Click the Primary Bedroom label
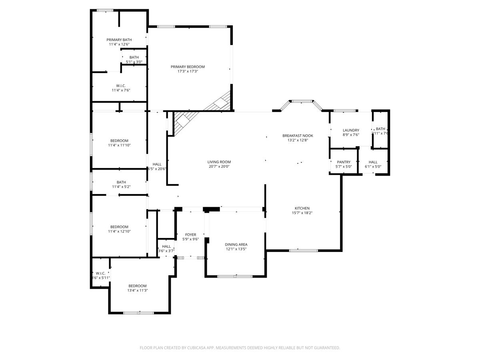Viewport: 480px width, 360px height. tap(188, 67)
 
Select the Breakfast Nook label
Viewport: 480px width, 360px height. tap(298, 136)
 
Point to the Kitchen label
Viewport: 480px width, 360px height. tap(302, 208)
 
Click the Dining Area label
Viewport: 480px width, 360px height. tap(236, 244)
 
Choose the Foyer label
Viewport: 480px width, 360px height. tap(190, 235)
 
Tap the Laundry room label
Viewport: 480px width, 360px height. tap(351, 130)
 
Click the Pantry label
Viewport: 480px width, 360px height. tap(343, 162)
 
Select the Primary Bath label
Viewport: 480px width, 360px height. tap(119, 40)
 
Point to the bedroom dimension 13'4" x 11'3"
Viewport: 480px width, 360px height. tap(137, 291)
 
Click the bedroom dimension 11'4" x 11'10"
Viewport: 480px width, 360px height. tap(119, 145)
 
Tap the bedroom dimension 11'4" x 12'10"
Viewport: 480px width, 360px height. tap(119, 232)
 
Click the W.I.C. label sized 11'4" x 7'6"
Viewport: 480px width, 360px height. tap(121, 86)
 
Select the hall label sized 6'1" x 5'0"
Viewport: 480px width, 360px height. tap(373, 162)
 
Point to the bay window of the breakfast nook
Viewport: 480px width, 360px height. tap(302, 102)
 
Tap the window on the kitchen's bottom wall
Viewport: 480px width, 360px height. tap(303, 251)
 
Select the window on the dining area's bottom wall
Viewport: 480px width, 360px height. tap(235, 276)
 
